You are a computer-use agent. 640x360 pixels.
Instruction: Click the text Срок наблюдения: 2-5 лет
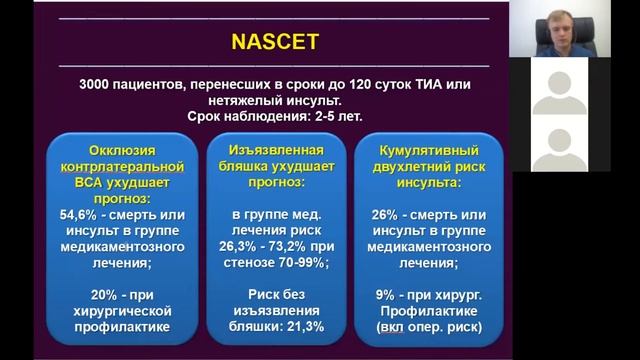(x=276, y=117)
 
